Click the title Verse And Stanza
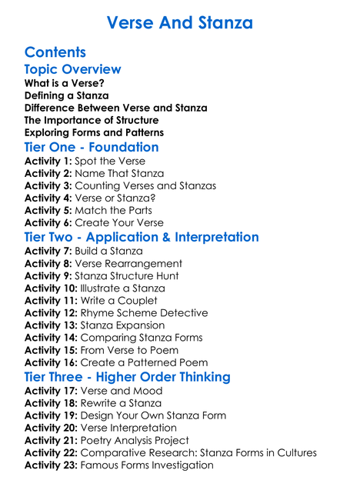coord(179,22)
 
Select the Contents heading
coord(55,52)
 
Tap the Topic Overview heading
coord(72,69)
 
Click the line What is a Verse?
coord(64,83)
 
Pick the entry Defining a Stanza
coord(66,95)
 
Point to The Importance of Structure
coord(92,120)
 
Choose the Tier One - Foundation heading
coord(92,147)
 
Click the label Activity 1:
coord(48,162)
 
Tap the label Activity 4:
coord(48,198)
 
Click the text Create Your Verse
coord(119,223)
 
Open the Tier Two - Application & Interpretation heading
coord(142,237)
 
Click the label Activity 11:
coord(50,301)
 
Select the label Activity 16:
coord(50,362)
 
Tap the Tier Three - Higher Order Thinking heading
coord(127,377)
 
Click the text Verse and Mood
coord(122,391)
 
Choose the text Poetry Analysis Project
coord(142,440)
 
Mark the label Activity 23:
coord(50,465)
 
